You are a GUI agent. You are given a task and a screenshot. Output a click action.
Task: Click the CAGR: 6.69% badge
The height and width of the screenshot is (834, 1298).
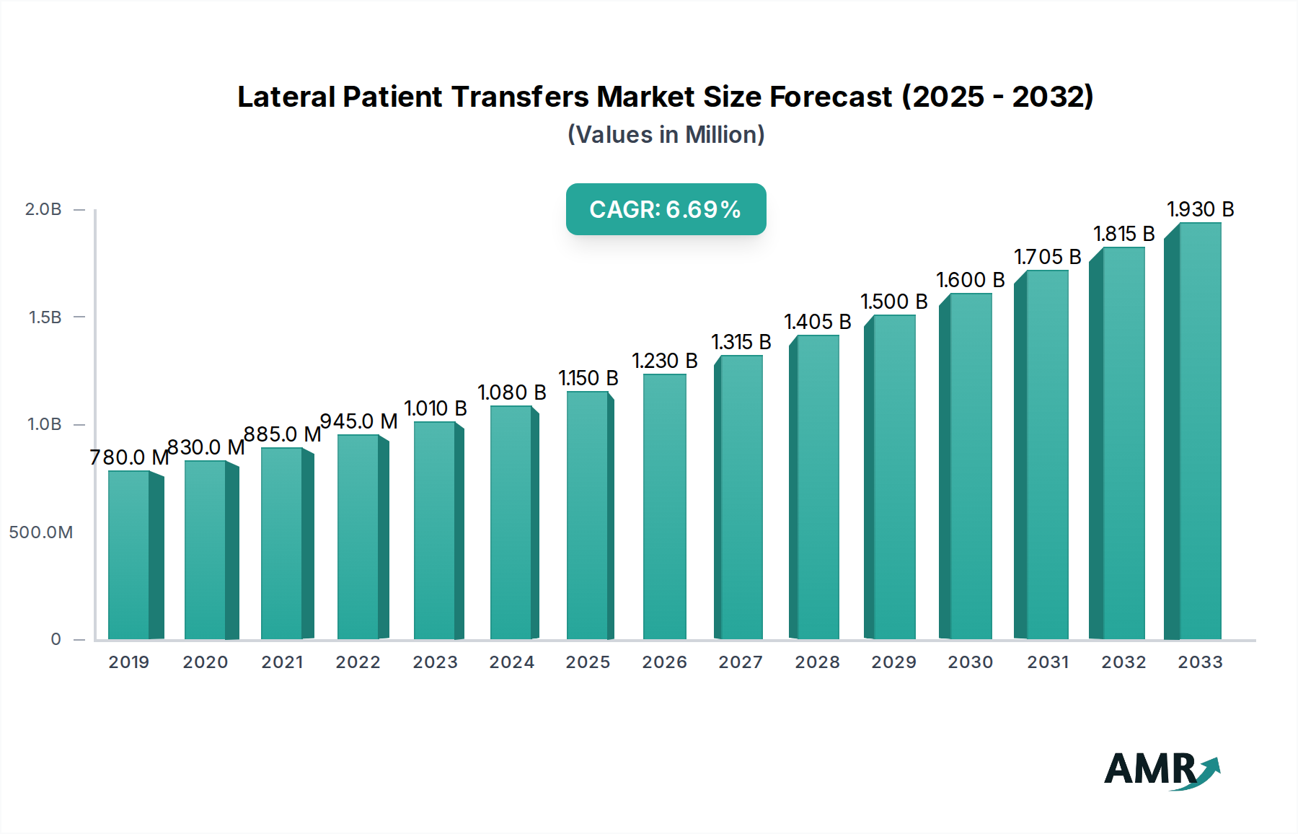[666, 209]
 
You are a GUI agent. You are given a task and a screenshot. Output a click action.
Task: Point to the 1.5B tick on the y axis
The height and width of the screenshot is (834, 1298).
[45, 317]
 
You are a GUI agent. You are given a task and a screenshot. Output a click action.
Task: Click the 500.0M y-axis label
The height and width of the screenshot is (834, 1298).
[41, 532]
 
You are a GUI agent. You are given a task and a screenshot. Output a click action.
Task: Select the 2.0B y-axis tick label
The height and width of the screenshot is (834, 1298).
[43, 209]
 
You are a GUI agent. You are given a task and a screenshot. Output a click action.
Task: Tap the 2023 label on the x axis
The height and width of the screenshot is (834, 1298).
[435, 662]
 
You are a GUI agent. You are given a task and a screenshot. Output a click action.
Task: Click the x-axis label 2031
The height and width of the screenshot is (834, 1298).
[1048, 662]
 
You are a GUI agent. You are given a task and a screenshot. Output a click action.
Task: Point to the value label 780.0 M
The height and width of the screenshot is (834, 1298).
[129, 457]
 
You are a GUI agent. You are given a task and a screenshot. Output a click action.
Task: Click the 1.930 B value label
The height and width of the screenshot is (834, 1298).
[1201, 209]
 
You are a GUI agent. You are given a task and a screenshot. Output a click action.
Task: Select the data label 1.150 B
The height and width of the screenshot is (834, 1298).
[588, 378]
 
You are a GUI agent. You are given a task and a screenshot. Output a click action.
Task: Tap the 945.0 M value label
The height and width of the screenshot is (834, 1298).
[358, 421]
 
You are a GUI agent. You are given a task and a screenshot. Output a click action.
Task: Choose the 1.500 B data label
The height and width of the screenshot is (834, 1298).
[893, 302]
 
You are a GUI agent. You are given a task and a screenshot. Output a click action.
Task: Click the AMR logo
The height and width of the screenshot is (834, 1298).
[1161, 770]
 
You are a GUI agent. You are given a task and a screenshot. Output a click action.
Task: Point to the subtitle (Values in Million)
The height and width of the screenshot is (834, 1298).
[666, 135]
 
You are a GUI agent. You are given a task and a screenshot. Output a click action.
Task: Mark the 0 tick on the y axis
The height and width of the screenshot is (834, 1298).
[56, 639]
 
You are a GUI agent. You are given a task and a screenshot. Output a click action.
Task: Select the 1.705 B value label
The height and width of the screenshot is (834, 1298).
[1047, 257]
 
